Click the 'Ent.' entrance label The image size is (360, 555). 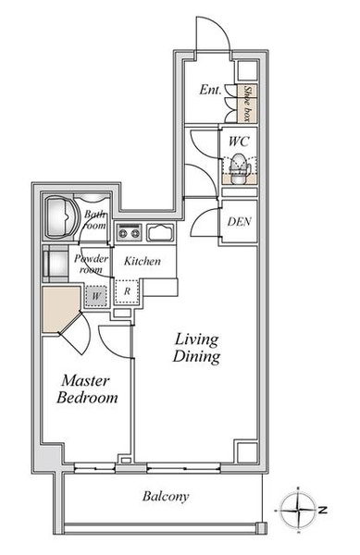(210, 90)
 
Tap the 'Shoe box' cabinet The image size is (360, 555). (247, 104)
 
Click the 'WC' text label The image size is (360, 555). (239, 142)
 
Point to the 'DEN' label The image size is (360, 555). (240, 222)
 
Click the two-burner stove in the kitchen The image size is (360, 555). (129, 232)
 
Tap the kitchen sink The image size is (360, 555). (160, 232)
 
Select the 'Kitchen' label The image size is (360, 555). (143, 261)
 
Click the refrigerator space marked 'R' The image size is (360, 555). (127, 291)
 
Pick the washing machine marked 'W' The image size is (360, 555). (95, 296)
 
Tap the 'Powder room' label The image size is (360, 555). (91, 264)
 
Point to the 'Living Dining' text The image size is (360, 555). (196, 349)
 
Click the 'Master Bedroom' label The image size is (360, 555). (87, 389)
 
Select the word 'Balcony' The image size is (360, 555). (166, 496)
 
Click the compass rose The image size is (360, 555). (298, 510)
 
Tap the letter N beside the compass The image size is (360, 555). (322, 511)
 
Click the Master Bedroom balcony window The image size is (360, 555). (95, 469)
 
